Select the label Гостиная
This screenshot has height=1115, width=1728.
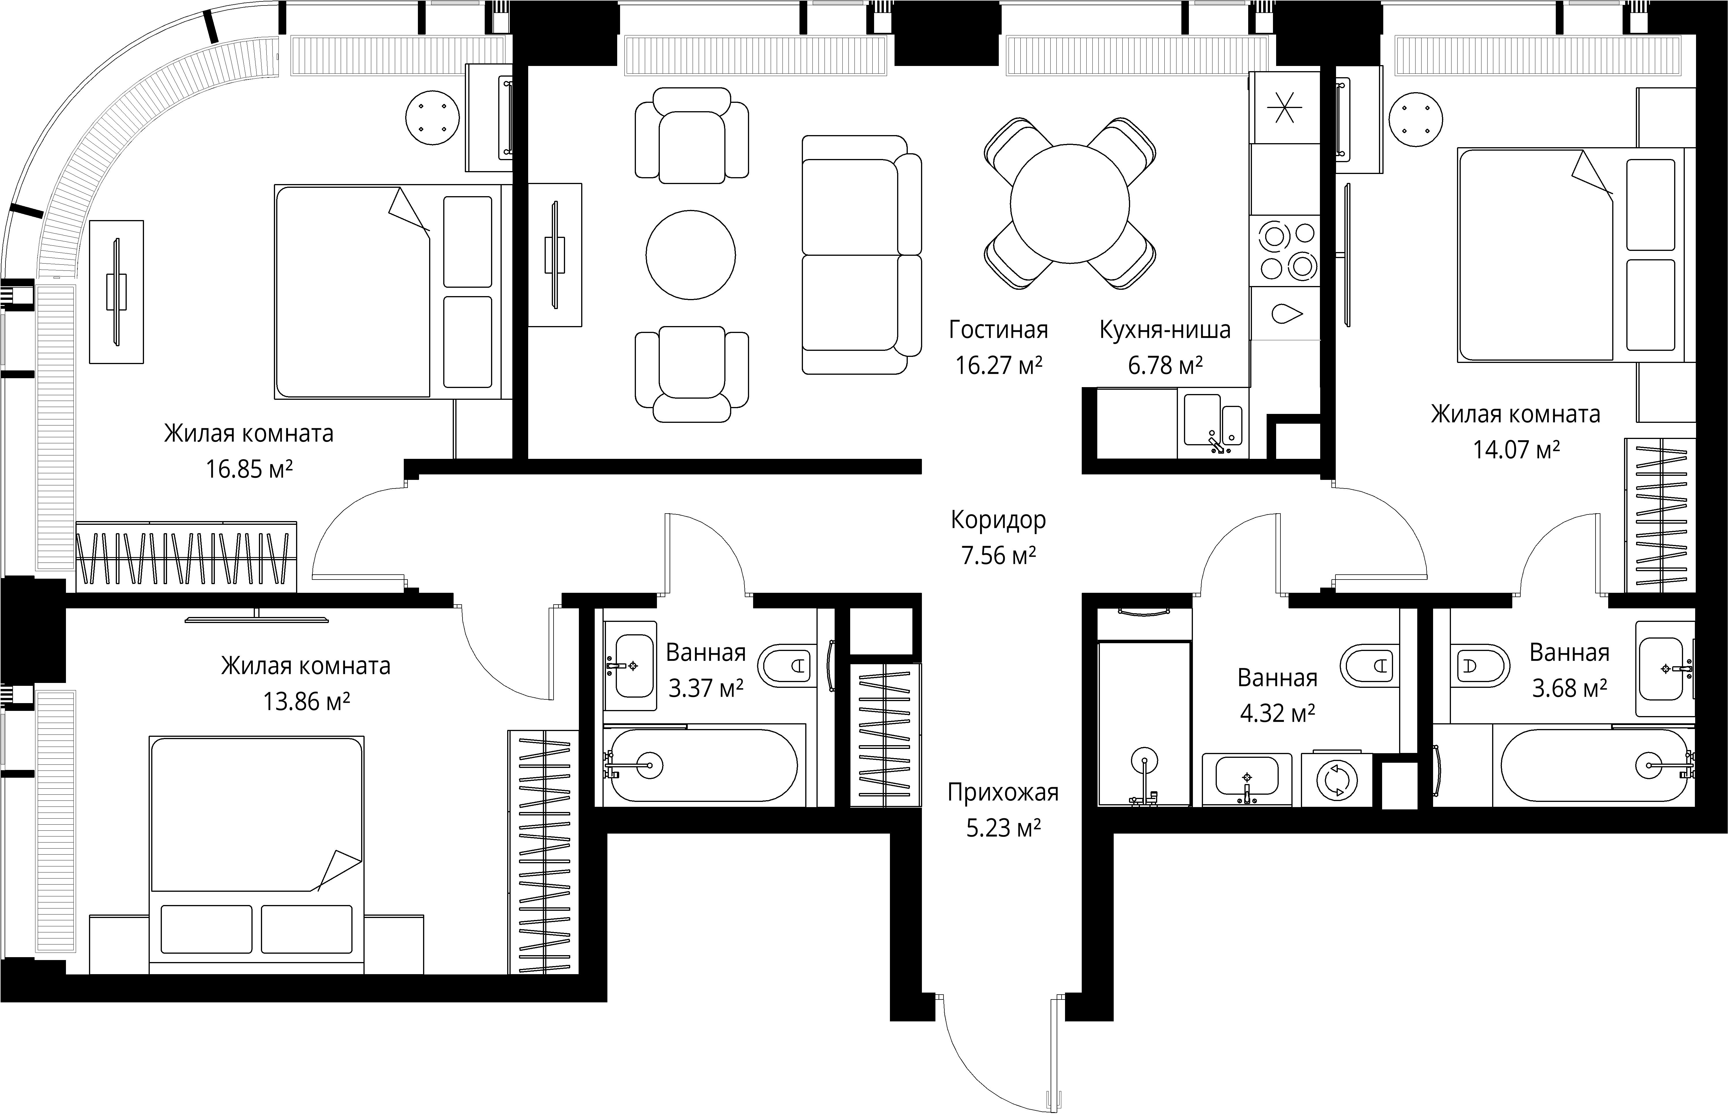pyautogui.click(x=998, y=330)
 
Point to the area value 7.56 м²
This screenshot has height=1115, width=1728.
pyautogui.click(x=998, y=555)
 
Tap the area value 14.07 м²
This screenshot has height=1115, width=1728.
pyautogui.click(x=1516, y=450)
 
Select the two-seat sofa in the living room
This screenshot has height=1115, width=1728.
pyautogui.click(x=861, y=255)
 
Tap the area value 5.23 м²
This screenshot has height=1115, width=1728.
pyautogui.click(x=1003, y=827)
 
